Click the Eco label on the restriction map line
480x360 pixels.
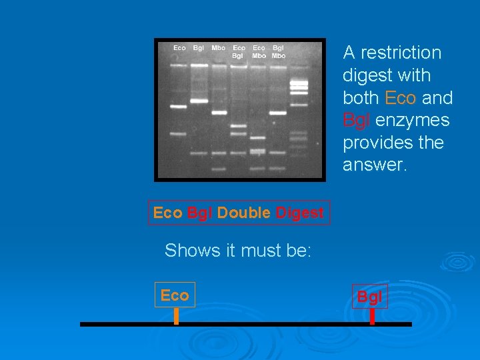pos(175,295)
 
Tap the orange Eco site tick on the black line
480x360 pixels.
pos(176,316)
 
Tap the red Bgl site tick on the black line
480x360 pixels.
pos(372,316)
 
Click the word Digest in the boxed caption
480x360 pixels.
pos(300,213)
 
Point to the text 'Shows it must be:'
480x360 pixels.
pos(238,251)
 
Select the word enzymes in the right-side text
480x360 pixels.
pos(412,121)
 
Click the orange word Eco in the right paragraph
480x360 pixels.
pos(401,98)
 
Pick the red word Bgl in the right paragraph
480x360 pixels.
pos(357,121)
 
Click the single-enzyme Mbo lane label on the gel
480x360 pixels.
pos(218,48)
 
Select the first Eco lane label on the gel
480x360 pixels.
pos(179,48)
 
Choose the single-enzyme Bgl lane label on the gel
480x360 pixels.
pos(199,48)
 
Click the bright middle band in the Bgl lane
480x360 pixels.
pos(199,101)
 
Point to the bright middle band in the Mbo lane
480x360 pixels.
pos(219,113)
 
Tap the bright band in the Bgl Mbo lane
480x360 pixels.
pos(278,113)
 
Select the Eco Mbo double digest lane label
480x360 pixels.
pos(259,52)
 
